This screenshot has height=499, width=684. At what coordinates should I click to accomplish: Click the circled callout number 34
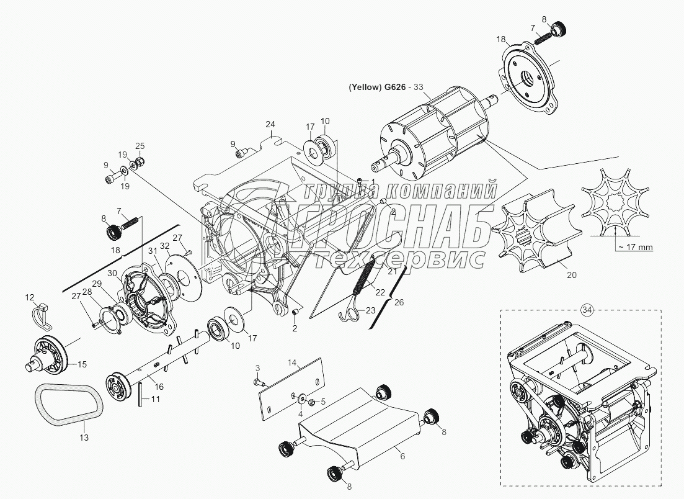[x=587, y=308]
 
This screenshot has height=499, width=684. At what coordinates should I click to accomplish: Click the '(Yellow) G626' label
[x=375, y=88]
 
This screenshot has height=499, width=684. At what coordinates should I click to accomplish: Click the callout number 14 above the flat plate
[x=293, y=361]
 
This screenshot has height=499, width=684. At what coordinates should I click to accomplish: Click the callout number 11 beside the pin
[x=155, y=400]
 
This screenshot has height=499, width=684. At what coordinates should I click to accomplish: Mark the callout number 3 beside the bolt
[x=258, y=367]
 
